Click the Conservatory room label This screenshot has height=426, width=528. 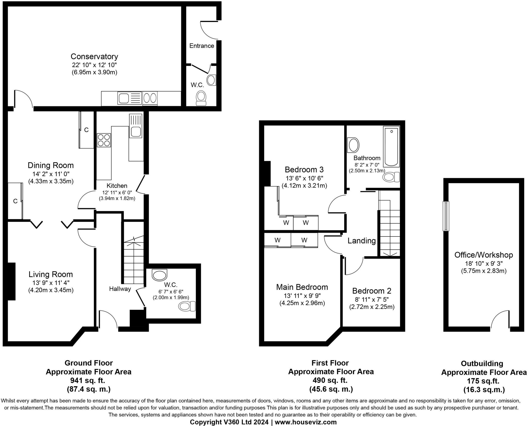coord(94,56)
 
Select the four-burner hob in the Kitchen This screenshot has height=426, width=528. coord(104,140)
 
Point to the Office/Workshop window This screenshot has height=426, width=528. coord(446,216)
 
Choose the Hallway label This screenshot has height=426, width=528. coord(120,289)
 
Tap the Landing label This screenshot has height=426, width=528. coord(361,241)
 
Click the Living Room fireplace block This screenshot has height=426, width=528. coord(11,281)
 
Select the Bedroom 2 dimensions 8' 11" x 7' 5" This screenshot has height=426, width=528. coord(372,299)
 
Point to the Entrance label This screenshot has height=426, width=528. coord(202,46)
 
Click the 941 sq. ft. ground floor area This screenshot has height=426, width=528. coord(88,380)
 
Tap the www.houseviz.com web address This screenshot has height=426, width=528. coord(306,422)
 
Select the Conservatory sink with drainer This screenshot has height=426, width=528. coord(130,98)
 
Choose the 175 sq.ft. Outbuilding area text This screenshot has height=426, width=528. coord(483,381)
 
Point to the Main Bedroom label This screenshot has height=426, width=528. coord(302,287)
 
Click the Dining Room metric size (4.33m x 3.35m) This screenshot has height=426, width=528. coord(51,181)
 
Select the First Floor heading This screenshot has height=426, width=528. coord(330,363)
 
